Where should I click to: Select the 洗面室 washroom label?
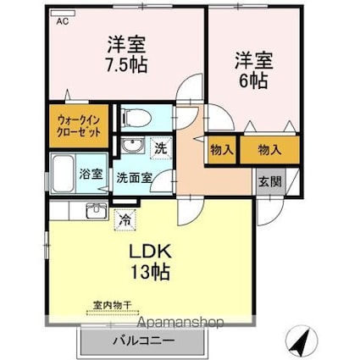coord(134,178)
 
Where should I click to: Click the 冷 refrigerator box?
coord(125,218)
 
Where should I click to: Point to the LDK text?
coord(151,252)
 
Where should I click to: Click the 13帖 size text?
coord(151,273)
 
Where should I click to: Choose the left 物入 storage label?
coord(222,150)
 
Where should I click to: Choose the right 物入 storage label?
coord(269,150)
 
